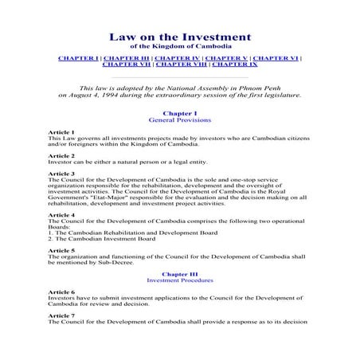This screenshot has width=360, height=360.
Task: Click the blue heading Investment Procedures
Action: click(x=179, y=281)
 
